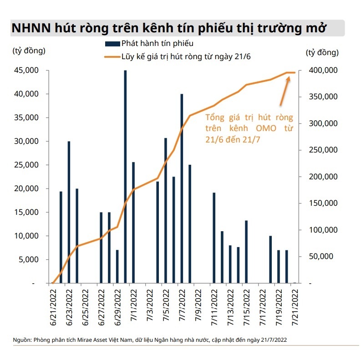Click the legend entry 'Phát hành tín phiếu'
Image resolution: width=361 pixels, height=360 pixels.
[150, 44]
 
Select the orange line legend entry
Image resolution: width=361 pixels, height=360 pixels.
[175, 57]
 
